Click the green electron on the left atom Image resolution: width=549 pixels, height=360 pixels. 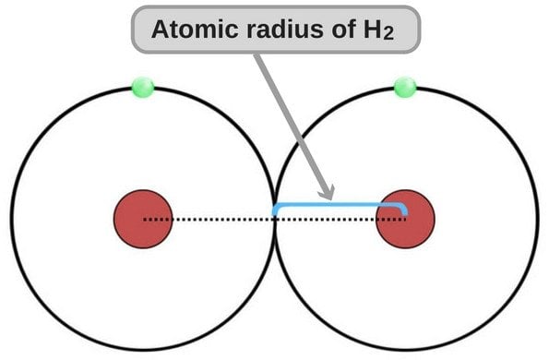click(x=142, y=88)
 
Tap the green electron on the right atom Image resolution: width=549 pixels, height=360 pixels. click(x=404, y=88)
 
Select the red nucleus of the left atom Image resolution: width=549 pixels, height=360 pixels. click(x=142, y=220)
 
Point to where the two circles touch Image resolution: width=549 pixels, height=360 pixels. click(x=274, y=214)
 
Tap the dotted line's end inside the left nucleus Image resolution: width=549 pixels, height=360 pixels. click(x=146, y=220)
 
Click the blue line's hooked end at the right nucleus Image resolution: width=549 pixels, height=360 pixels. click(x=405, y=210)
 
